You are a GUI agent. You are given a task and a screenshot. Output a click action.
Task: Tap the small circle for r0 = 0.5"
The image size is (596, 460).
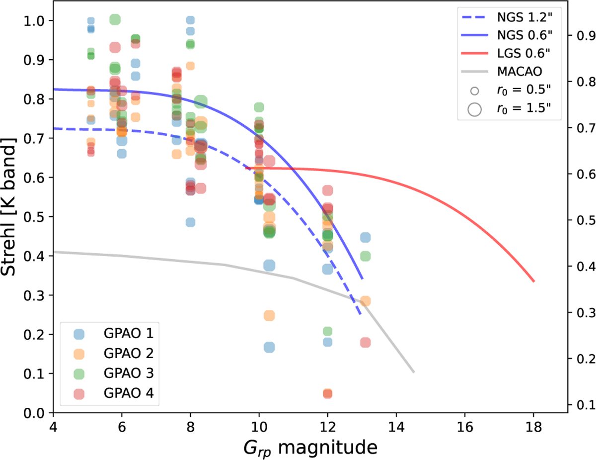click(475, 92)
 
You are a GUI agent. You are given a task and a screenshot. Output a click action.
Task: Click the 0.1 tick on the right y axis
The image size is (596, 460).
click(583, 404)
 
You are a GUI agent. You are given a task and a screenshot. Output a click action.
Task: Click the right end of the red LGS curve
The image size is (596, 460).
click(533, 281)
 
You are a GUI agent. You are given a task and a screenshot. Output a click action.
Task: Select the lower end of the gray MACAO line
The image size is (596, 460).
click(413, 371)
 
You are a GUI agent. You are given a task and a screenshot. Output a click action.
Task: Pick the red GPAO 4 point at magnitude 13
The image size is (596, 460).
click(365, 343)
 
